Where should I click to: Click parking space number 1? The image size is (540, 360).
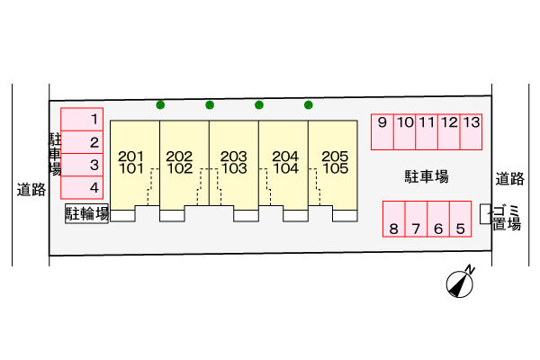[x=82, y=119]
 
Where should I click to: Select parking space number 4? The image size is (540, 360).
[x=82, y=187]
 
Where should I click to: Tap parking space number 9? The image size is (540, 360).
[x=382, y=132]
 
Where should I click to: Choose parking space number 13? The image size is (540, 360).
[x=471, y=132]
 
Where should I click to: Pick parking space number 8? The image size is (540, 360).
[x=394, y=219]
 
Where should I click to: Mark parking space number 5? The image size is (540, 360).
[x=461, y=219]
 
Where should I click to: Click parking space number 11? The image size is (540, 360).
[x=427, y=132]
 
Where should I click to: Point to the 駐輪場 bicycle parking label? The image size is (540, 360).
[x=87, y=213]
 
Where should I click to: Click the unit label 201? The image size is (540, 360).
[x=130, y=157]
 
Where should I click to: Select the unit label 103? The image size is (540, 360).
[x=235, y=168]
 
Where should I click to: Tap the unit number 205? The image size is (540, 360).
[x=335, y=157]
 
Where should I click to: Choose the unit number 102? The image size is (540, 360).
[x=180, y=168]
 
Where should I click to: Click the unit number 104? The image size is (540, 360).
[x=286, y=168]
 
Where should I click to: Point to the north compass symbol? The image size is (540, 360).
[x=460, y=283]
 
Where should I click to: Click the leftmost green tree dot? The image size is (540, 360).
[x=160, y=104]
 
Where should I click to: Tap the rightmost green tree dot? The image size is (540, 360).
[x=309, y=104]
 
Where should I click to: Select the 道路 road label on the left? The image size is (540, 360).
[x=31, y=190]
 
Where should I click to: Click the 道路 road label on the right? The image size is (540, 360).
[x=510, y=179]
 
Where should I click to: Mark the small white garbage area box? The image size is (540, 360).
[x=485, y=214]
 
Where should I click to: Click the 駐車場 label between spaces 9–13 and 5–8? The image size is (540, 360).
[x=427, y=176]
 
